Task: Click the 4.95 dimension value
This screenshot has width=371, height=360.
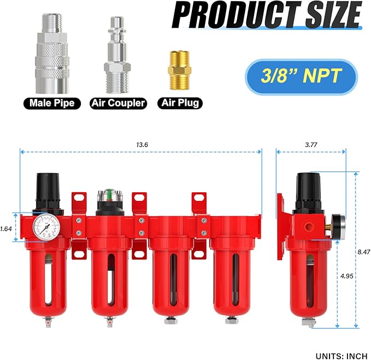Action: coord(346,276)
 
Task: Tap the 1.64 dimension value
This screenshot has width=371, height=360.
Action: coord(6,229)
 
